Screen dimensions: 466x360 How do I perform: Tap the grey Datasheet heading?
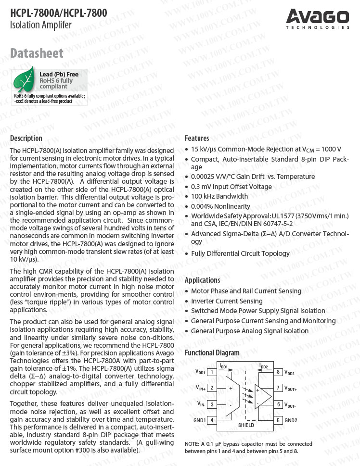[x=37, y=53]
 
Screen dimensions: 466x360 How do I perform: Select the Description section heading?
[x=26, y=139]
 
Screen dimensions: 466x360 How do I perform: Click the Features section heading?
[x=197, y=139]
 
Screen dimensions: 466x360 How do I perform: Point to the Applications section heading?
[x=202, y=280]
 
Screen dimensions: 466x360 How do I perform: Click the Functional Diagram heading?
[x=212, y=353]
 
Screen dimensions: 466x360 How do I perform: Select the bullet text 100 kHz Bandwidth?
[x=219, y=196]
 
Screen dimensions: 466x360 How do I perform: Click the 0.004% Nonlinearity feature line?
[x=220, y=206]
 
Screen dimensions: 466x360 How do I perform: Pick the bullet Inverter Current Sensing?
[x=227, y=301]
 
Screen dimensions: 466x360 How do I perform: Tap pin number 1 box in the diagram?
[x=212, y=372]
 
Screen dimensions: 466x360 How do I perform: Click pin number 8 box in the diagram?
[x=278, y=372]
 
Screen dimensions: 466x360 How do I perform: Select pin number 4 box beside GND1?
[x=212, y=420]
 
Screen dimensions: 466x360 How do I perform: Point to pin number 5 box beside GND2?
[x=278, y=420]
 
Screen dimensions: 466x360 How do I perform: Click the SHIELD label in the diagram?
[x=246, y=426]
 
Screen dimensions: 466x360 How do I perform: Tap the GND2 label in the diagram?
[x=291, y=420]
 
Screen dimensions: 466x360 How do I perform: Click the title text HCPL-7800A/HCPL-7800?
[x=59, y=13]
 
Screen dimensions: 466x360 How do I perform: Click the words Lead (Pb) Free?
[x=59, y=74]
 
